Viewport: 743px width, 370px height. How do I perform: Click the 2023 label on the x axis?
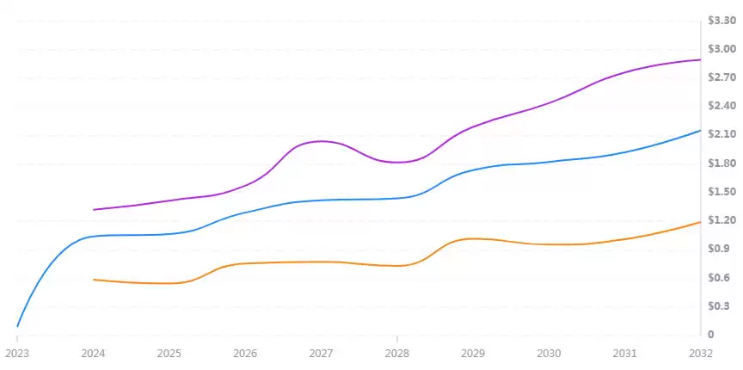pos(16,353)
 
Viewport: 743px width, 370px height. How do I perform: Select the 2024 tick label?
pos(93,353)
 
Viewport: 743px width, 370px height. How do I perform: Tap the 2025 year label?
pos(169,353)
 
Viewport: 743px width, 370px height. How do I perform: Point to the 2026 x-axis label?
pos(245,353)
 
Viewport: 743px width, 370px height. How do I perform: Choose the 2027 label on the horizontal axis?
pos(321,353)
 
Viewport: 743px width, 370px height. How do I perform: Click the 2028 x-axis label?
pos(396,353)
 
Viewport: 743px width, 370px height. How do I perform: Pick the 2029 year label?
pos(473,353)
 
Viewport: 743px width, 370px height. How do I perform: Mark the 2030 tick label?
pos(549,353)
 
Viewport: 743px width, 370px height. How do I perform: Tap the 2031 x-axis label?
pos(625,353)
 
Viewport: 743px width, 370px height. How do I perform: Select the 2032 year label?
pos(701,353)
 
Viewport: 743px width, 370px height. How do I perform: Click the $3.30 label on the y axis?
pos(721,20)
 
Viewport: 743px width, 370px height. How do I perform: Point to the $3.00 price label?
pos(721,48)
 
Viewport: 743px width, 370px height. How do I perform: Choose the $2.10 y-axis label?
pos(721,134)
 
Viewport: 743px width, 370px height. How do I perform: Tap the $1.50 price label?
pos(721,191)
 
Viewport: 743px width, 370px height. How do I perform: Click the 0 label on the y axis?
pos(710,335)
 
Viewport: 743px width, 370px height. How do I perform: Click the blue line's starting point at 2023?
pos(17,326)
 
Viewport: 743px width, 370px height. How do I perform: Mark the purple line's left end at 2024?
pos(94,209)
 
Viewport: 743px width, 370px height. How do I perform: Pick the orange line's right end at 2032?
pos(700,222)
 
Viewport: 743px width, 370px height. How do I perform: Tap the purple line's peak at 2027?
pos(321,141)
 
